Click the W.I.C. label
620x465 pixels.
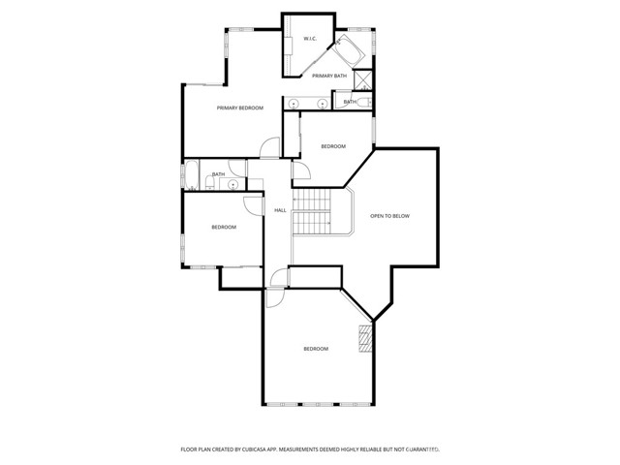(310, 39)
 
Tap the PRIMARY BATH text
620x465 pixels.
(329, 76)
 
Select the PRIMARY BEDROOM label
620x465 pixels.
(239, 108)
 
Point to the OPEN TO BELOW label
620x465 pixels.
(390, 216)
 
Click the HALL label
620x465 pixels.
(280, 210)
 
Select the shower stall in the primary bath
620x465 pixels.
(364, 81)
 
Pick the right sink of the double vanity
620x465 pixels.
(321, 103)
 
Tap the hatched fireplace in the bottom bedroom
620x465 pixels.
(365, 338)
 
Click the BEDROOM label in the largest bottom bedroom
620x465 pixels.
(316, 349)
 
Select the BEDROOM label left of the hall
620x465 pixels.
(224, 227)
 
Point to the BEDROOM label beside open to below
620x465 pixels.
(333, 146)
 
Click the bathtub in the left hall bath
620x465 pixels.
(193, 177)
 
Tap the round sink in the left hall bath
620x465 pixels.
(233, 182)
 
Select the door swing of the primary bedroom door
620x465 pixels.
(269, 148)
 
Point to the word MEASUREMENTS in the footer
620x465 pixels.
(315, 449)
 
